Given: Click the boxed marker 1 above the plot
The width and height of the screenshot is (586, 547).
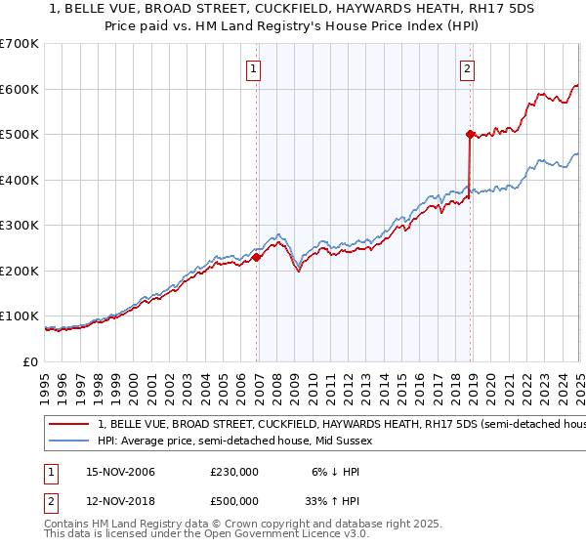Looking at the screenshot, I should (254, 68).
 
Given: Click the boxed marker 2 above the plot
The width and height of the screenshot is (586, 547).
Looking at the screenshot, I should (468, 68).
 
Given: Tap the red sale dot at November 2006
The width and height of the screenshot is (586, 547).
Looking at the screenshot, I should (257, 258).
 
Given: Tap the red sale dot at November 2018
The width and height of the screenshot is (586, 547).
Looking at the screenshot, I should (470, 134).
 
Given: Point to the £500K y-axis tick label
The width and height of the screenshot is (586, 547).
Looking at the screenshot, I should (20, 134).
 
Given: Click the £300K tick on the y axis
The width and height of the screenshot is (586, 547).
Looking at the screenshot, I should (20, 225).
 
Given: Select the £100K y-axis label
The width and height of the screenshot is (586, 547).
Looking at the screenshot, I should (20, 316).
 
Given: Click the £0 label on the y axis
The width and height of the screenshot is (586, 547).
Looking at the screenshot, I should (30, 361).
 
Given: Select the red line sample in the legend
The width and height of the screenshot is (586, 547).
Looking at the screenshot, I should (69, 425).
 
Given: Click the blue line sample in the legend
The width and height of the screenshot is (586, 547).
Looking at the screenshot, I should (69, 441).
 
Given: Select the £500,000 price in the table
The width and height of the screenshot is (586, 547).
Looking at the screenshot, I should (234, 503).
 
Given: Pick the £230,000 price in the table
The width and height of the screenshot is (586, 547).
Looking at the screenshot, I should (234, 471).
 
